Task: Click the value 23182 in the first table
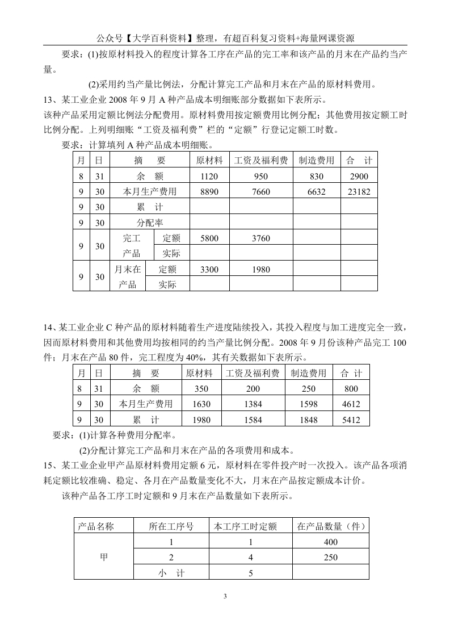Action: coord(359,192)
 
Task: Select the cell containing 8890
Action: coord(209,192)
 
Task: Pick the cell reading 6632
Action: coord(316,192)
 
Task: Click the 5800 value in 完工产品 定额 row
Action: coord(209,238)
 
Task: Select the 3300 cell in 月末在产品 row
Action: coord(209,270)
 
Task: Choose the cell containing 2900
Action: coord(359,177)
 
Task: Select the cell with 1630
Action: coord(201,405)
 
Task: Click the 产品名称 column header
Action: coord(96,526)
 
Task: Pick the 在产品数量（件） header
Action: coord(330,526)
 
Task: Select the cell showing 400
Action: coord(330,542)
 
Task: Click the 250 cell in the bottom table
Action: coord(330,558)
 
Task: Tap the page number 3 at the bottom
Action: coord(225,596)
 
